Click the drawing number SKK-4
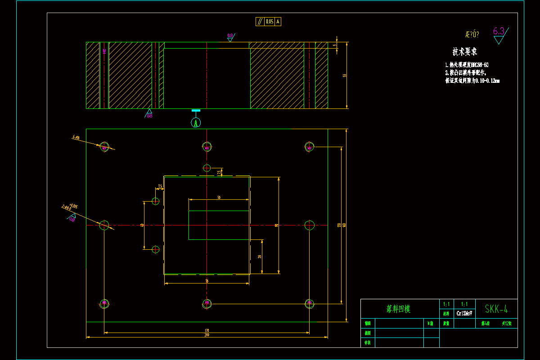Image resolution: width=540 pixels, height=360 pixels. click(x=496, y=309)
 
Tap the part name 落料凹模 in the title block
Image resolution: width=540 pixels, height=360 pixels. click(x=399, y=309)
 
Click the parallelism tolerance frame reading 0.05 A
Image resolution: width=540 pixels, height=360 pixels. click(x=269, y=21)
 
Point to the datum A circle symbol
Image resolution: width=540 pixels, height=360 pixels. click(x=196, y=122)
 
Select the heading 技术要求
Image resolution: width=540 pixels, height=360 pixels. click(x=464, y=51)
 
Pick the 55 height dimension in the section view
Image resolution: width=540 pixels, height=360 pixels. click(x=345, y=76)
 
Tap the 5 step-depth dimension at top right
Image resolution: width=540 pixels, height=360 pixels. click(x=335, y=45)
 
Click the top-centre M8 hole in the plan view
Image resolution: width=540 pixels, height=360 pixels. click(x=207, y=147)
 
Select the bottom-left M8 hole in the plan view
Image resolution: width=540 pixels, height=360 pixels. click(x=104, y=304)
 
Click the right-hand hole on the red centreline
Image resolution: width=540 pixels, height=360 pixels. click(x=309, y=225)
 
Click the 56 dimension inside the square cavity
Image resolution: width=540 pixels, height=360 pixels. click(x=219, y=198)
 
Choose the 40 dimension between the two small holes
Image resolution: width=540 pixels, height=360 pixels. click(x=142, y=225)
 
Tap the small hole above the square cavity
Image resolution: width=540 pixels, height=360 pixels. click(x=207, y=168)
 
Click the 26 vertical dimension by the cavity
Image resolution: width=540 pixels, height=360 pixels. click(x=260, y=256)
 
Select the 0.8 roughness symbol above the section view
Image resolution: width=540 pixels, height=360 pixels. click(x=230, y=36)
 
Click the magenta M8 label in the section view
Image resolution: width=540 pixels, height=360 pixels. click(x=104, y=51)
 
